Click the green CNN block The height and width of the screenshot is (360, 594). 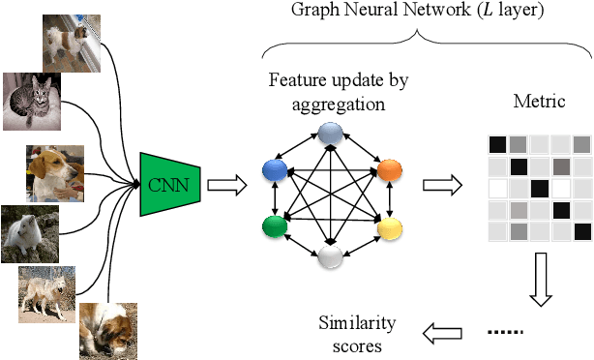click(169, 181)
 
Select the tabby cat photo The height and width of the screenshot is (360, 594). click(34, 101)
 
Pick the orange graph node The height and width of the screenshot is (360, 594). click(388, 169)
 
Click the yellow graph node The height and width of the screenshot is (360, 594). click(388, 229)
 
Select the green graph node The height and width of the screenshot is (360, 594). click(273, 228)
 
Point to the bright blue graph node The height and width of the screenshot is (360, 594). click(273, 170)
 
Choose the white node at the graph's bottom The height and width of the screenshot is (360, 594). click(331, 256)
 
